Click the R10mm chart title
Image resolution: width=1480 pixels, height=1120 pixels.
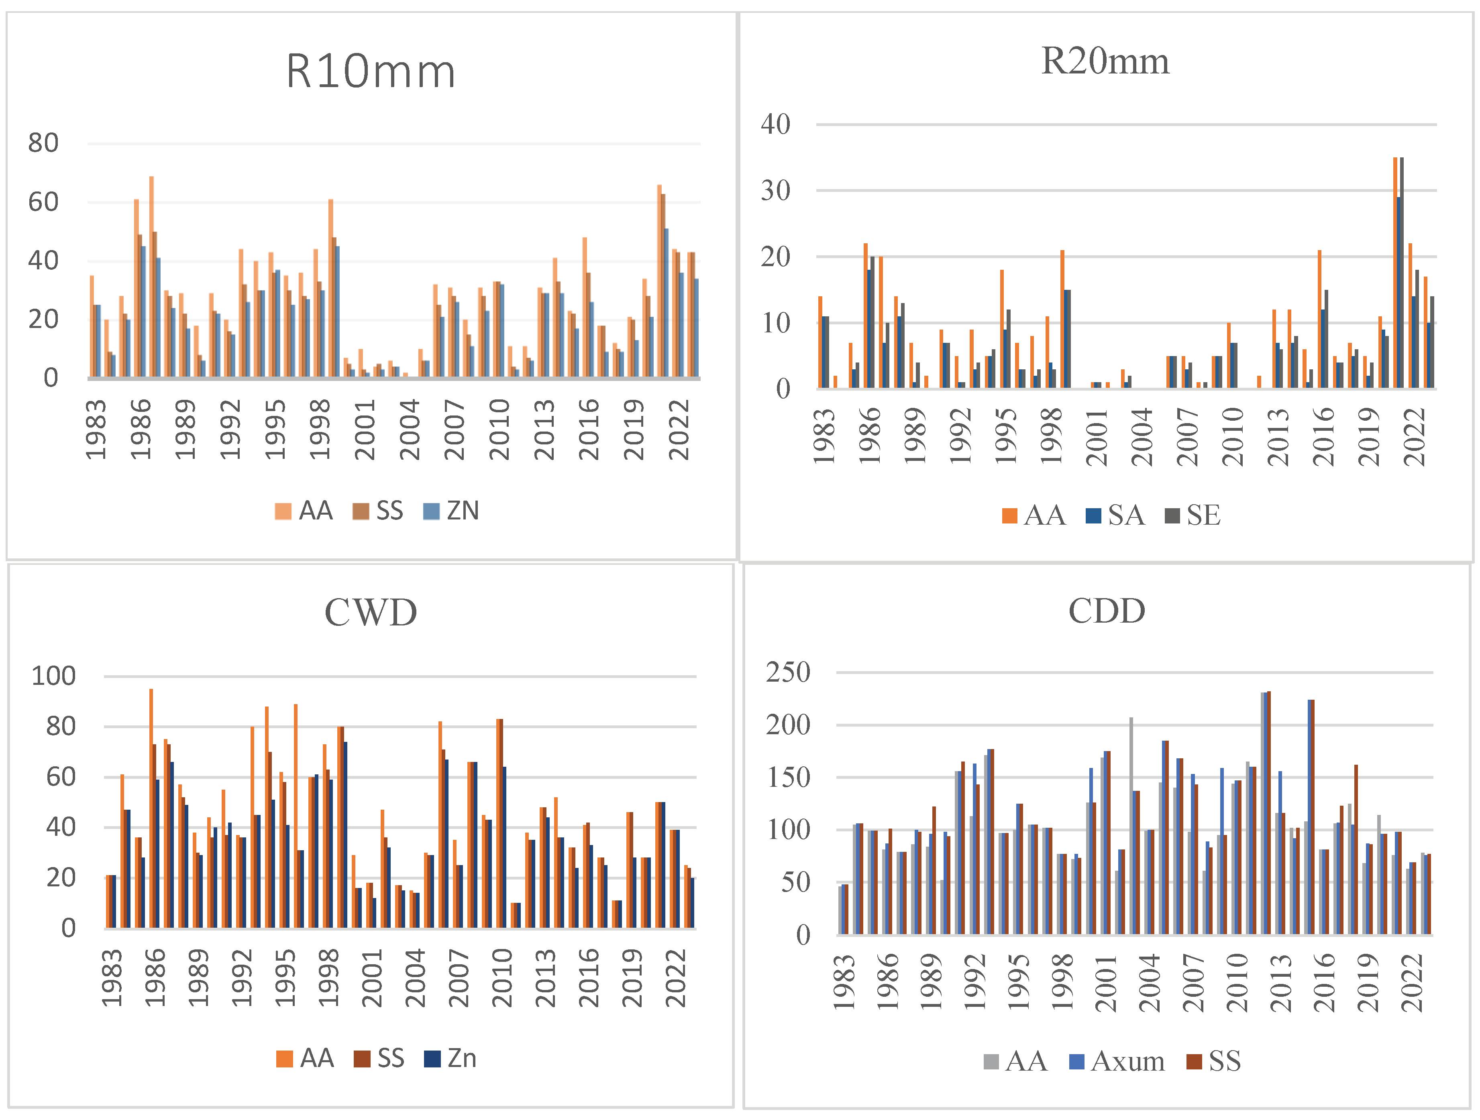371,71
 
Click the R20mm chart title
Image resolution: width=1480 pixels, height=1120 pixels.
1105,61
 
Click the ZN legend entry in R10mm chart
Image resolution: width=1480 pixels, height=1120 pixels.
452,511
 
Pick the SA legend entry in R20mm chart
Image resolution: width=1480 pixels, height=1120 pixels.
1115,515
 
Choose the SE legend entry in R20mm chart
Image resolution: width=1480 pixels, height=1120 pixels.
1193,515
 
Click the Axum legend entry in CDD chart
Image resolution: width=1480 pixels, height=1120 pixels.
1117,1061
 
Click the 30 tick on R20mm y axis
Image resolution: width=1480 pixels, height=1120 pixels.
775,191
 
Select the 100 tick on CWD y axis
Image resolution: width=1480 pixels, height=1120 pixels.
53,676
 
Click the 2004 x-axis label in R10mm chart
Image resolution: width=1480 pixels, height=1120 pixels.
410,430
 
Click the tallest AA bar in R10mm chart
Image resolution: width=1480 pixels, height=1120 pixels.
152,277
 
